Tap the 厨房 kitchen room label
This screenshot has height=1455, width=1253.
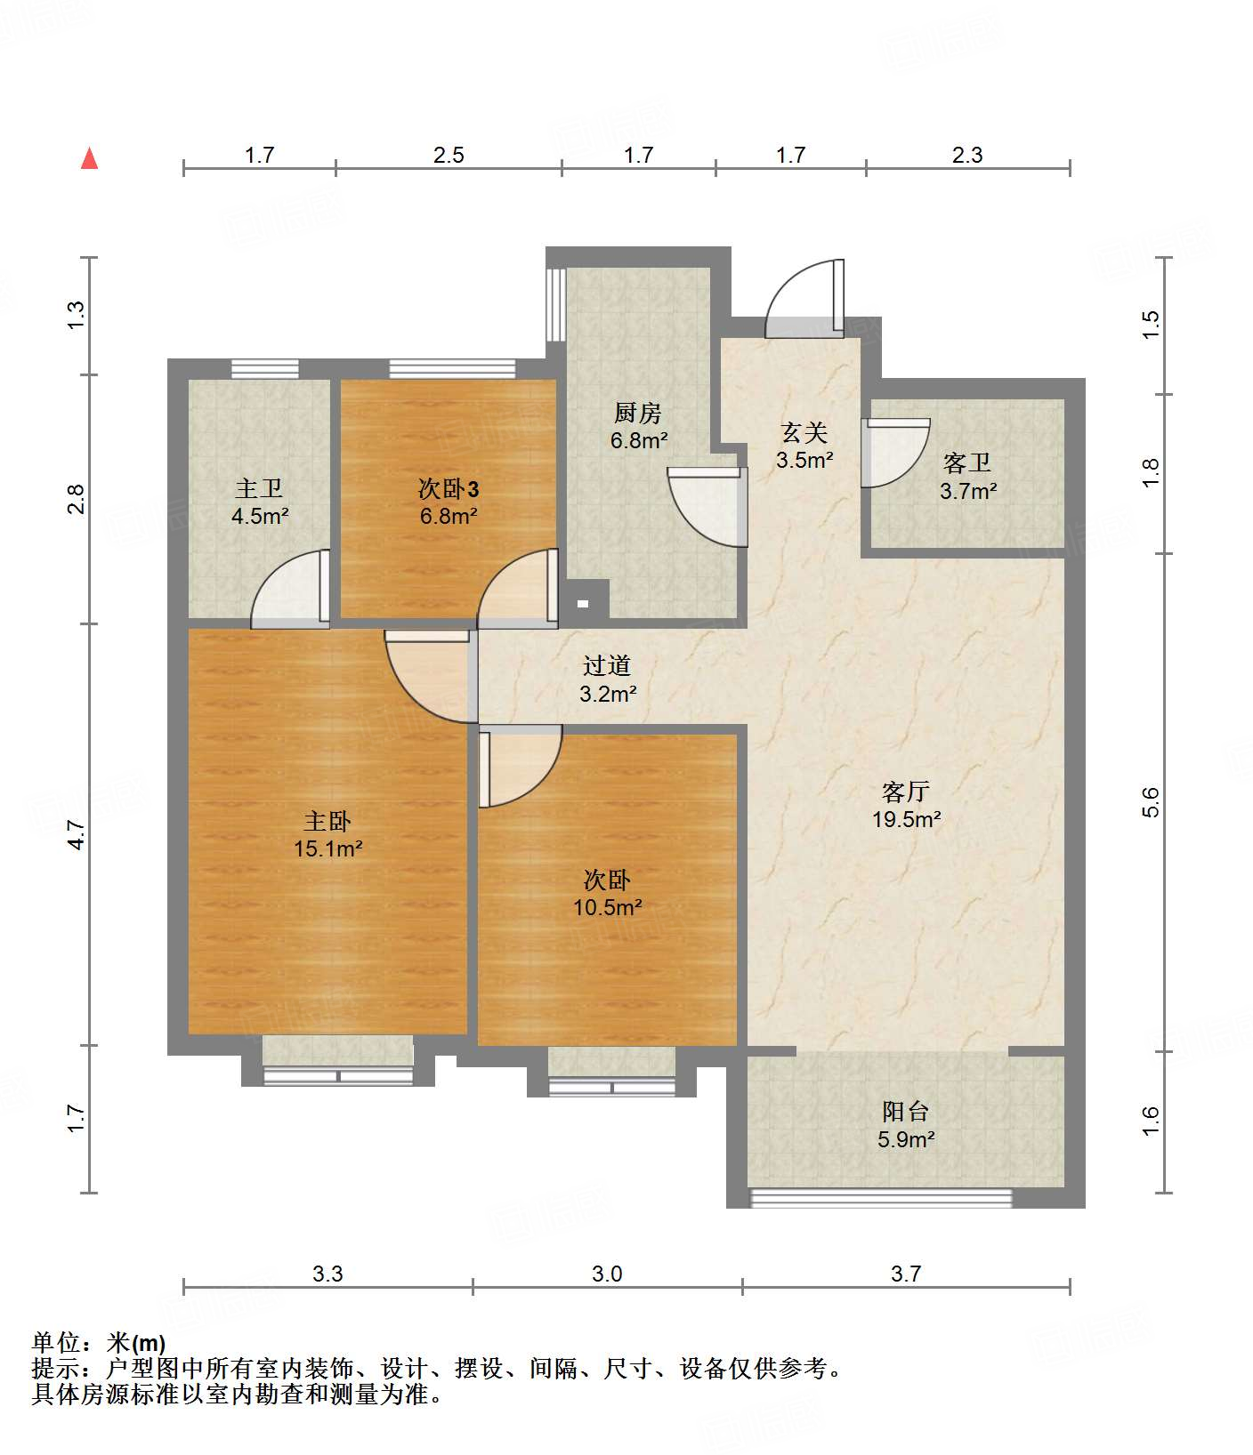(638, 413)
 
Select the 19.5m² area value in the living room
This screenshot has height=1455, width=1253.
(906, 819)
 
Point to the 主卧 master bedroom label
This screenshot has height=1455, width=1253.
(327, 821)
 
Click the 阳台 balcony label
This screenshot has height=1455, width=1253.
(906, 1111)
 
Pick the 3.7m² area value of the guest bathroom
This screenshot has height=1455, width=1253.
(968, 490)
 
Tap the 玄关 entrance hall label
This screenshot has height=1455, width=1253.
(804, 433)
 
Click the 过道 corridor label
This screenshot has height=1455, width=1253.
(607, 665)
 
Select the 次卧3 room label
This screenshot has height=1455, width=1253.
(449, 488)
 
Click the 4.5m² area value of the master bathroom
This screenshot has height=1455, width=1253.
(260, 516)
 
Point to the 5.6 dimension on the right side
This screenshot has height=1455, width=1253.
(1152, 801)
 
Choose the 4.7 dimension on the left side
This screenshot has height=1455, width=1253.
(77, 834)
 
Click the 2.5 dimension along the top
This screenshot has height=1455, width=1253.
(449, 155)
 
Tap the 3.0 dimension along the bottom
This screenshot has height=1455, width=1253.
(607, 1274)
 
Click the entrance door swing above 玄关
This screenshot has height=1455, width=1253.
(804, 299)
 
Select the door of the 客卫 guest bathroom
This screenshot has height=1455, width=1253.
(896, 453)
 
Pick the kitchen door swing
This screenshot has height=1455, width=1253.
(707, 506)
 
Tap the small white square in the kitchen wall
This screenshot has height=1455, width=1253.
(583, 604)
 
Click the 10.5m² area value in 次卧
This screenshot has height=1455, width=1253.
(608, 907)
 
